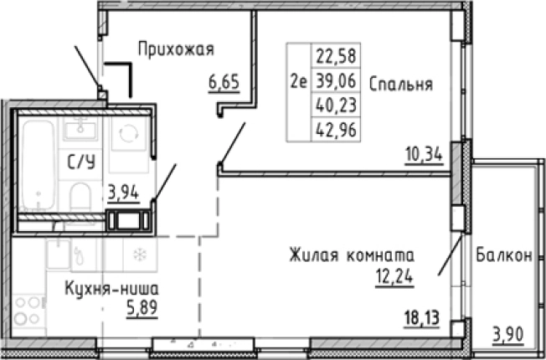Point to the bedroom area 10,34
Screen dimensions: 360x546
click(422, 156)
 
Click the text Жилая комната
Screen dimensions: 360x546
click(353, 254)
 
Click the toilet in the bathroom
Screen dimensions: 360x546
click(82, 198)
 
